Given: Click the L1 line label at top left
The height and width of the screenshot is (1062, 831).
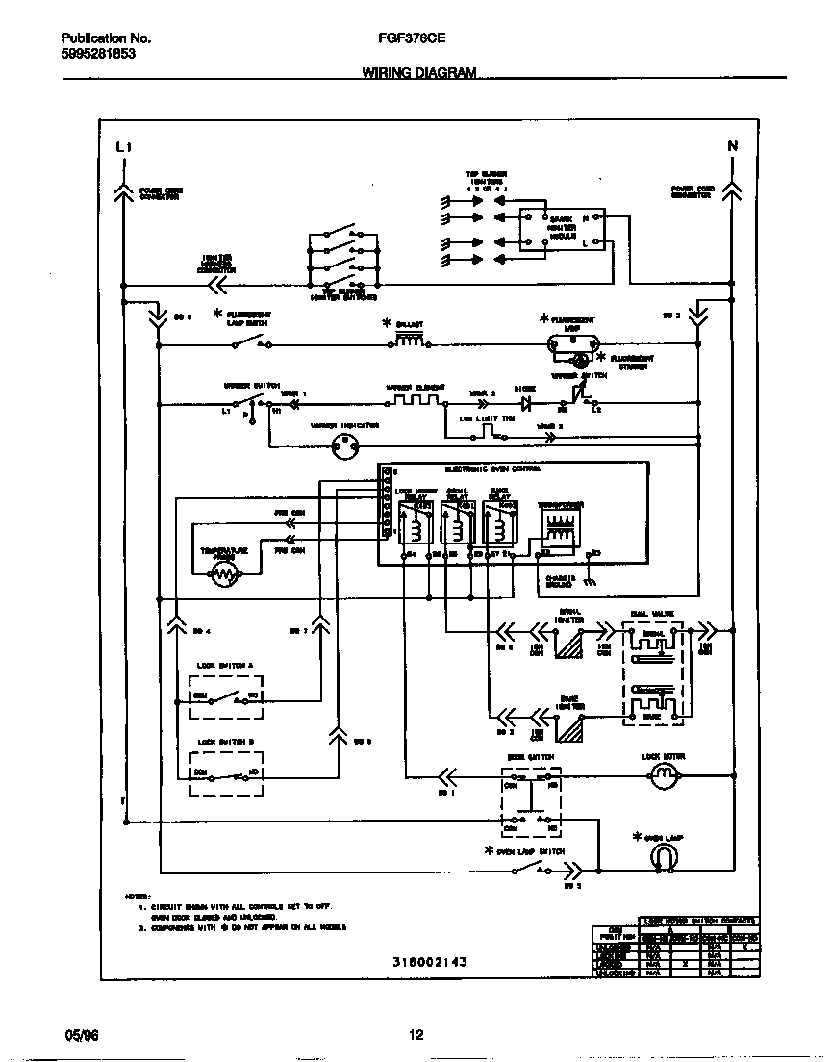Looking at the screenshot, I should (122, 147).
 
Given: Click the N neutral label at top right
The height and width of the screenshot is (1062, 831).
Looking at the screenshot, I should (732, 146).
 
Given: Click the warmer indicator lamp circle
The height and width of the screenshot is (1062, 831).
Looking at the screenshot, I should (343, 443).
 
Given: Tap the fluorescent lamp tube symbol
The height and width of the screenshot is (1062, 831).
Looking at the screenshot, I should (573, 340).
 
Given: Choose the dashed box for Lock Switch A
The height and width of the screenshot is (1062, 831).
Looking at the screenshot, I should (227, 695).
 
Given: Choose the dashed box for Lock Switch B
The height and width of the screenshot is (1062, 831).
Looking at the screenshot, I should (227, 773).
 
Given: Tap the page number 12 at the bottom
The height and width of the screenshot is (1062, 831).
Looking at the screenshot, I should (415, 1035).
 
